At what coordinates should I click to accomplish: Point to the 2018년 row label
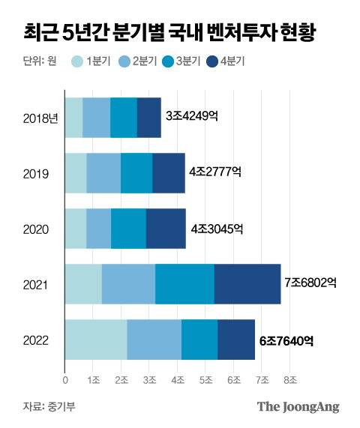[41, 118]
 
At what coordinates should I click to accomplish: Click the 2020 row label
[37, 229]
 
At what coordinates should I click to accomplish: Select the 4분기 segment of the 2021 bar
[247, 284]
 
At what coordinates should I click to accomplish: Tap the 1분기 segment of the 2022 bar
[95, 340]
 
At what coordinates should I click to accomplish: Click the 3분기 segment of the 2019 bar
[136, 173]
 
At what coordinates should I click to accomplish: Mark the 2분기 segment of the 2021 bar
[128, 284]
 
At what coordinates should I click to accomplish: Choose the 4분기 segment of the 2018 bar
[148, 118]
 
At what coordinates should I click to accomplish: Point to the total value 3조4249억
[190, 117]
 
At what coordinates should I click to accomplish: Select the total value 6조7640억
[286, 340]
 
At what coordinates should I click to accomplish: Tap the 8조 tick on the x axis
[289, 380]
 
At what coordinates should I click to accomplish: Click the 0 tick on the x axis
[65, 380]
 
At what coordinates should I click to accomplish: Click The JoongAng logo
[298, 407]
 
